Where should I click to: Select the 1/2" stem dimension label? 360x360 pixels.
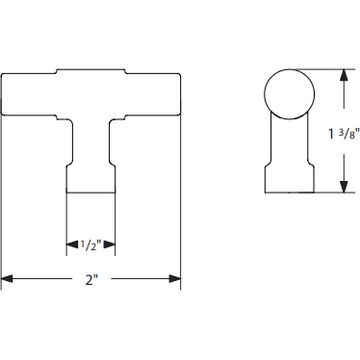(x=91, y=245)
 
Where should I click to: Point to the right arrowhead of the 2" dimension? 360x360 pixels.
(x=176, y=279)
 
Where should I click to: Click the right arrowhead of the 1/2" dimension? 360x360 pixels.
(x=113, y=246)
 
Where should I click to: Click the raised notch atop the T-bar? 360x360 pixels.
(x=91, y=70)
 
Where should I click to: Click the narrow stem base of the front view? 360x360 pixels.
(x=91, y=178)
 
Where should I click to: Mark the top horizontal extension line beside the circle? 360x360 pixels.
(x=327, y=67)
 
